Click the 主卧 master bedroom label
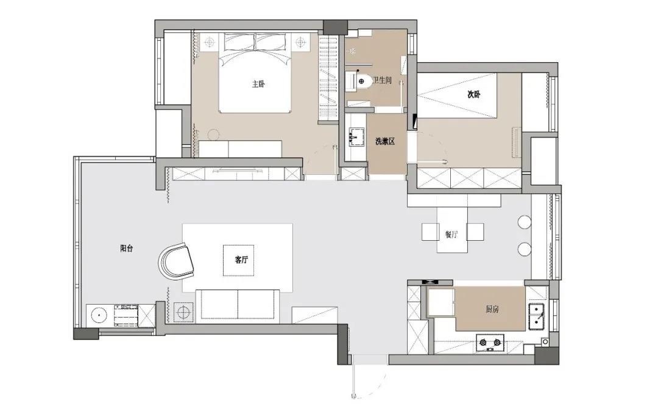258,84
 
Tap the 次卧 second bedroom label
474,94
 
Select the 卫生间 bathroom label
382,80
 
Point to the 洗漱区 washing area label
385,141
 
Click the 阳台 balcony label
127,248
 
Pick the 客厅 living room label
241,260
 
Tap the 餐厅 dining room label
451,235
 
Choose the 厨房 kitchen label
492,310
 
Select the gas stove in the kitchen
490,342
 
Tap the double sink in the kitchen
537,316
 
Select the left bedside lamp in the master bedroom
210,41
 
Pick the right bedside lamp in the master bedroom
300,41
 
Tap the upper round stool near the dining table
525,222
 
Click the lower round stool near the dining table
525,249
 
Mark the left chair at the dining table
430,232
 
